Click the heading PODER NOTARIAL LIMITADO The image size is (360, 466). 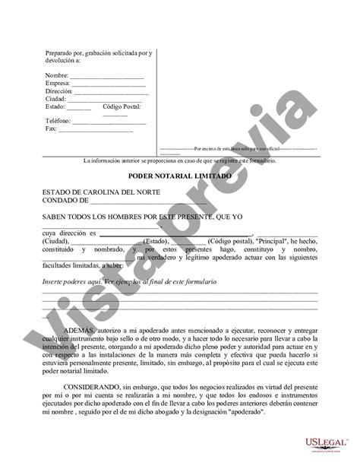179,175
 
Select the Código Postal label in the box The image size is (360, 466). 123,106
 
